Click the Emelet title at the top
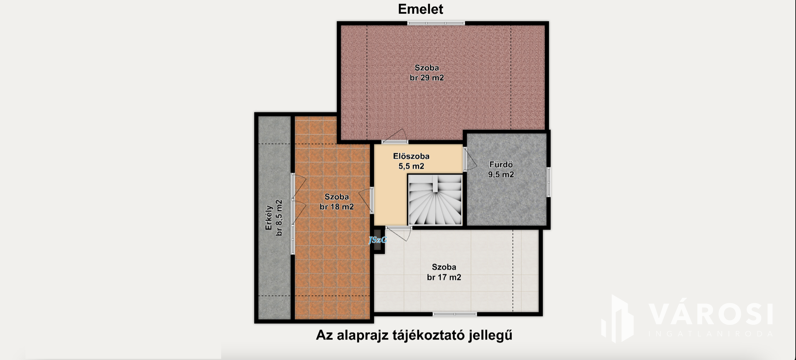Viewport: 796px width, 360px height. [x=420, y=9]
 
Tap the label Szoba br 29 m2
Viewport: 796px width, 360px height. [x=427, y=73]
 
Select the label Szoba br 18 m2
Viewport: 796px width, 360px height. [x=337, y=202]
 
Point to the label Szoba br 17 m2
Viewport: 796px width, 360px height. [x=444, y=272]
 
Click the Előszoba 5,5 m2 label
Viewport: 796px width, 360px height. [x=411, y=161]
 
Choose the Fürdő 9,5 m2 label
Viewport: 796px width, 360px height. [x=501, y=170]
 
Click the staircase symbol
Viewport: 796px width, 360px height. [x=435, y=200]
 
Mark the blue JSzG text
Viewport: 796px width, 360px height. [x=378, y=240]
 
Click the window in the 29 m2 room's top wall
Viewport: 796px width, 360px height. [x=436, y=23]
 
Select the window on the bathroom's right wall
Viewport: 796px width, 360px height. [x=548, y=182]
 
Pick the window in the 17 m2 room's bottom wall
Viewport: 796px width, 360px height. [x=455, y=314]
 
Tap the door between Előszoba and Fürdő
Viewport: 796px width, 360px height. [x=469, y=159]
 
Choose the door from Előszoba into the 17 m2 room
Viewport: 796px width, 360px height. [x=398, y=233]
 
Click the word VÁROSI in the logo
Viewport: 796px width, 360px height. [x=711, y=314]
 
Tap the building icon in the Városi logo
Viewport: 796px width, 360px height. [x=618, y=319]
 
